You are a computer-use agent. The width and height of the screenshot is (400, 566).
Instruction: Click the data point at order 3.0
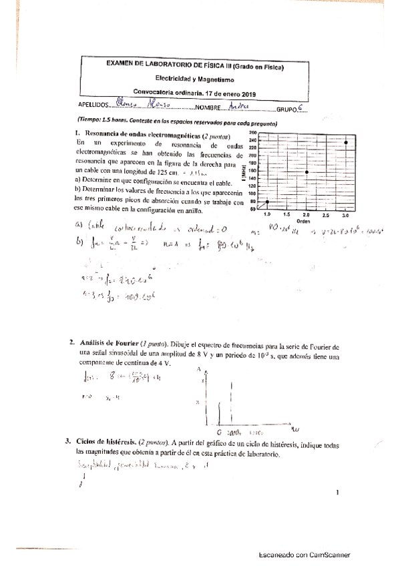point(345,143)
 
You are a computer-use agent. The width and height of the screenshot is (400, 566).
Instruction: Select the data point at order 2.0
point(306,172)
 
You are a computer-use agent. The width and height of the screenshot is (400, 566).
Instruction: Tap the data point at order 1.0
point(267,202)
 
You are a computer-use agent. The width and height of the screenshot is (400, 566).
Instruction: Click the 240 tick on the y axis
point(252,140)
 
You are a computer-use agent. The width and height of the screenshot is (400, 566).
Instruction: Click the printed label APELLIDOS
point(92,106)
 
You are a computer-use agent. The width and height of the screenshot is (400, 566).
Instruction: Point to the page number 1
point(338,493)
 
